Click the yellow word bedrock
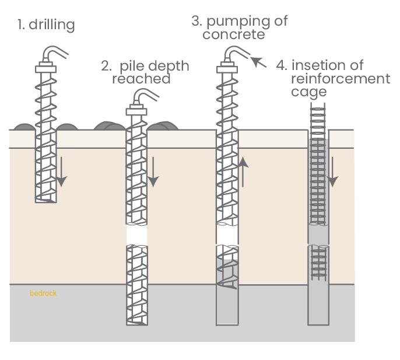(x=43, y=293)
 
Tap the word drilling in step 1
(x=53, y=25)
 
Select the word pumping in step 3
(x=239, y=22)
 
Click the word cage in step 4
(x=309, y=92)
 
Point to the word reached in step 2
(x=141, y=79)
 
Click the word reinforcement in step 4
(x=341, y=78)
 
